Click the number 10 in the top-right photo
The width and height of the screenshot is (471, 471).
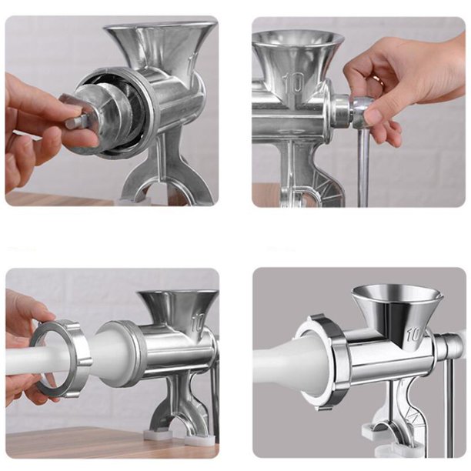[x=293, y=82]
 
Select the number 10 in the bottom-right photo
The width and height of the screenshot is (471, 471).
[x=415, y=335]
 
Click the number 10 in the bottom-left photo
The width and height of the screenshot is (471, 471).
[x=199, y=322]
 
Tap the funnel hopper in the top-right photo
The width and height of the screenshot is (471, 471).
[x=297, y=57]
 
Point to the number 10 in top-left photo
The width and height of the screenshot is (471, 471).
[x=192, y=61]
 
